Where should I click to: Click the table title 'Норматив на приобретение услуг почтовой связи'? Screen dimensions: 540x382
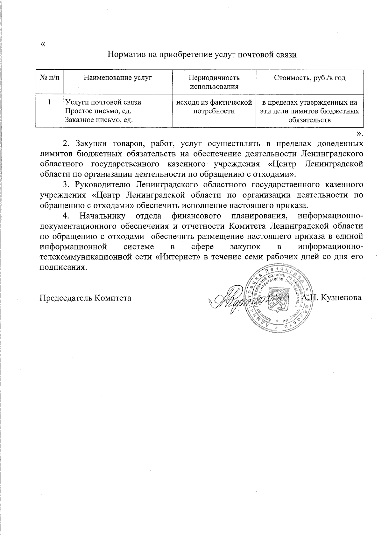pos(202,54)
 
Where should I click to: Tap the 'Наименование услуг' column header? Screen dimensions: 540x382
pos(117,78)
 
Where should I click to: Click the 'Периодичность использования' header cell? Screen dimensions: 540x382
pos(214,82)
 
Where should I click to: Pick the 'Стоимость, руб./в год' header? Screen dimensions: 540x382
pos(310,78)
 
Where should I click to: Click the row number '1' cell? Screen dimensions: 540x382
pos(49,102)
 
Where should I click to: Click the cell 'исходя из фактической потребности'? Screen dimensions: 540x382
pos(214,107)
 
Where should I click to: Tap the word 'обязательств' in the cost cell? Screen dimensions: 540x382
pos(310,120)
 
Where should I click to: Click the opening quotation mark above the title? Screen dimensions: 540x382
pos(43,44)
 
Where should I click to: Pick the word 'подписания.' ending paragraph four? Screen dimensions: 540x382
pos(63,267)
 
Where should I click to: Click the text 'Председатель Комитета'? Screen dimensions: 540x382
pos(85,298)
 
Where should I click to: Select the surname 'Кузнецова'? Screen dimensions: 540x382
pos(342,298)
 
